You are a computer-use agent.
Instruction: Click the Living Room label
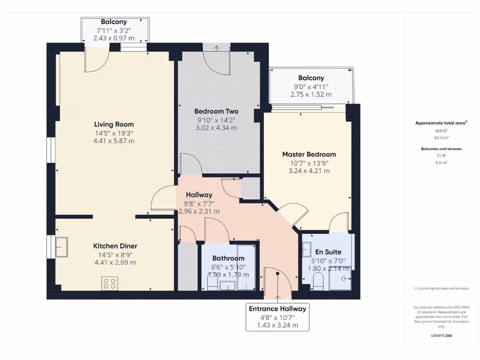(114, 124)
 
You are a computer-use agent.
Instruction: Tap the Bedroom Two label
(216, 112)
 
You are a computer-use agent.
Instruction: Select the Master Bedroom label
(309, 154)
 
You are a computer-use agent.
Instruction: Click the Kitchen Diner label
(115, 246)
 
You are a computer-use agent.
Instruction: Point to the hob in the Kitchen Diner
(110, 283)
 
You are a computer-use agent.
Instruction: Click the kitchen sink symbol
(61, 247)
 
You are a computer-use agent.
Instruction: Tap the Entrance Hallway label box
(277, 317)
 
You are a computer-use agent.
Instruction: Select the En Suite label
(328, 252)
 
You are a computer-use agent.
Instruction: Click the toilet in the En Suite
(318, 282)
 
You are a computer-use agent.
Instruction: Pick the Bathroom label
(228, 258)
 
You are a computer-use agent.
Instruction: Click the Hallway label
(199, 195)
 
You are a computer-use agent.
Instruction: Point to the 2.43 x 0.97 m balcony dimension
(114, 38)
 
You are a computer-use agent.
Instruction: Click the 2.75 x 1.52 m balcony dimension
(311, 94)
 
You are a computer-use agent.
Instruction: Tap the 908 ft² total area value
(441, 131)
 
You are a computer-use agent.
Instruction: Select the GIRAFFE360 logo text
(441, 336)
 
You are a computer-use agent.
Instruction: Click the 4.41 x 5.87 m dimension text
(114, 141)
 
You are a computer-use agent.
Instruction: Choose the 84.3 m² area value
(441, 138)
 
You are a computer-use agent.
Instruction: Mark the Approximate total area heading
(441, 123)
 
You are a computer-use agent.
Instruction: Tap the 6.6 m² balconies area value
(441, 162)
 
